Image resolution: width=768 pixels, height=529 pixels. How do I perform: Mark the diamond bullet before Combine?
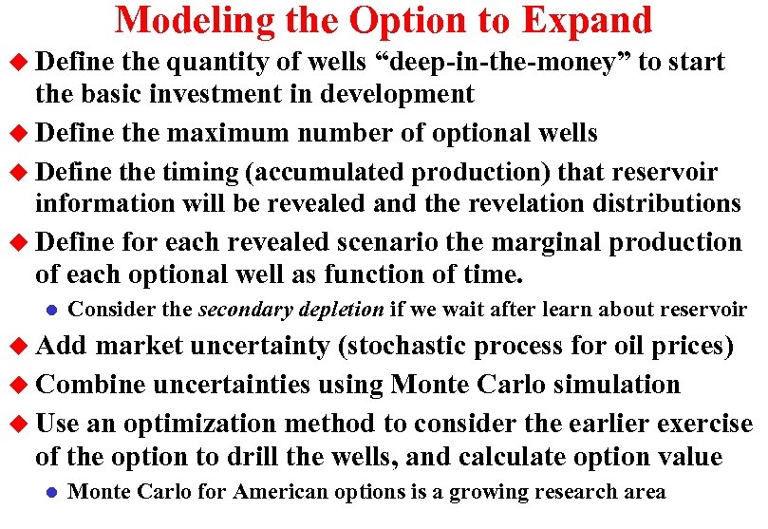click(20, 386)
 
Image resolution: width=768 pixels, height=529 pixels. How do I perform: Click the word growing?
click(486, 492)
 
